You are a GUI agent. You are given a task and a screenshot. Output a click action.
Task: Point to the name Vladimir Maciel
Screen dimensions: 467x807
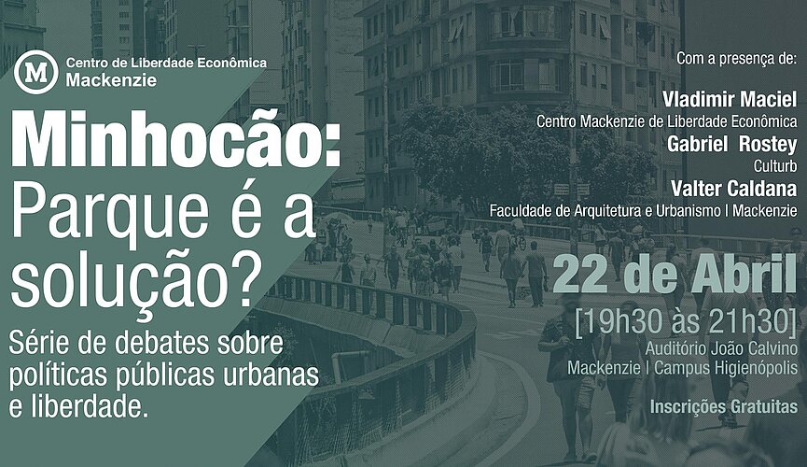729,100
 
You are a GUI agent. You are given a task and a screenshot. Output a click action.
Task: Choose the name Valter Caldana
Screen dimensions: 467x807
735,187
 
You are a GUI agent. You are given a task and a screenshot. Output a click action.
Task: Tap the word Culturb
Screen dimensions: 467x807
774,165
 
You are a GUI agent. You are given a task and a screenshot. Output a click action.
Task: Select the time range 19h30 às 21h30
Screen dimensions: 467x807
687,320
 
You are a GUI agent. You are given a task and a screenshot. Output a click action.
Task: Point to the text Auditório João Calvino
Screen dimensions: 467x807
721,347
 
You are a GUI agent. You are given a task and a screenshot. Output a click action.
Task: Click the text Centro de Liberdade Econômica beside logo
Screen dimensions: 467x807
166,62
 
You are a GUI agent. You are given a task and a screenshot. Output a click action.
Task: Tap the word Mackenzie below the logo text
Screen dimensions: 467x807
111,79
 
